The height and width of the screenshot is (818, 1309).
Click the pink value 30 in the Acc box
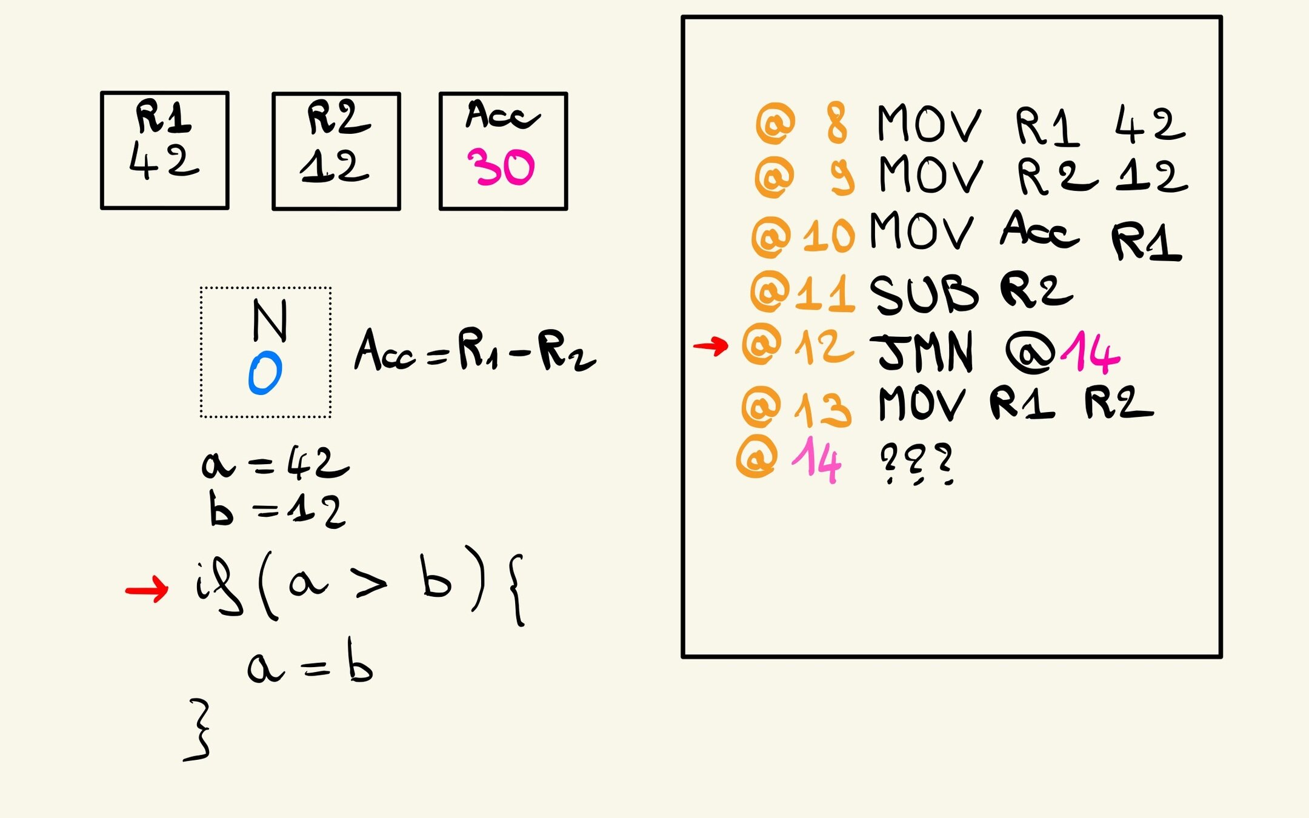[x=501, y=167]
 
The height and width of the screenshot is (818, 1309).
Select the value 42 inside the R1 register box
[x=164, y=162]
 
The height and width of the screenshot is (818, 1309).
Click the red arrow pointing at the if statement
[x=147, y=589]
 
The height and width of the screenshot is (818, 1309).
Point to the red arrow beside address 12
[x=710, y=346]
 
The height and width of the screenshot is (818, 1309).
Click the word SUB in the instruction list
[x=924, y=294]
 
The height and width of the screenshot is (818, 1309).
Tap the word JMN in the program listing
[x=925, y=351]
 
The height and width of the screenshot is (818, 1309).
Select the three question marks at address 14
[x=916, y=464]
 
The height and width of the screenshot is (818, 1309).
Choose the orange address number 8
[x=836, y=123]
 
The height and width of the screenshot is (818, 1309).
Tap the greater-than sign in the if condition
[x=371, y=585]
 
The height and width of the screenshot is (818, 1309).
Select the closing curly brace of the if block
[x=199, y=730]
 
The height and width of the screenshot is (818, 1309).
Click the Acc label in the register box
[x=502, y=115]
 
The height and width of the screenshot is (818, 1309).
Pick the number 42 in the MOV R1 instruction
[x=1149, y=124]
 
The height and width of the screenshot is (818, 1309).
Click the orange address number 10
[x=828, y=236]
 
